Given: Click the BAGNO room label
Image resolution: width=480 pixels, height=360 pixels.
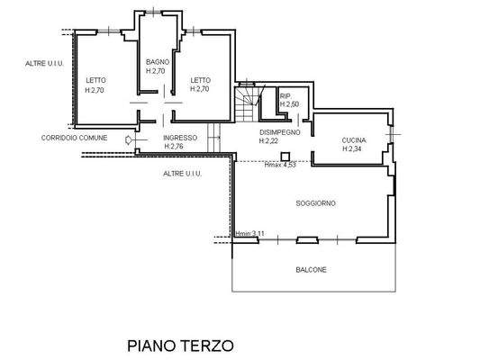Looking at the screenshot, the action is [x=158, y=62].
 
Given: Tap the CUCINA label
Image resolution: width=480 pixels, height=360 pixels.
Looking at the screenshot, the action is [x=354, y=140].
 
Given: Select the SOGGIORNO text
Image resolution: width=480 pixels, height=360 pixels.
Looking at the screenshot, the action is [x=315, y=203].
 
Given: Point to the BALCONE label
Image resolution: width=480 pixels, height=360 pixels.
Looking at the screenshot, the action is [x=311, y=270].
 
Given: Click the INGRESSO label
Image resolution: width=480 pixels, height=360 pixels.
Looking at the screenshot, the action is [x=180, y=138].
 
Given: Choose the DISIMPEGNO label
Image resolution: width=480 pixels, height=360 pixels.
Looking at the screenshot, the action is [x=280, y=132].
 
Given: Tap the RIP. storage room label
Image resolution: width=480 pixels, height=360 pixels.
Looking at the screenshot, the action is [x=285, y=96].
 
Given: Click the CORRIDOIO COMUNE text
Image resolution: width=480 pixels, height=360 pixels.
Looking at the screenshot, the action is [x=75, y=138].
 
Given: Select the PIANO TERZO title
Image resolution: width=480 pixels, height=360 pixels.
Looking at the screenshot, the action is [x=180, y=346].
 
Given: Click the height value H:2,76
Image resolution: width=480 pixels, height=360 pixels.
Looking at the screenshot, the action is [x=174, y=147].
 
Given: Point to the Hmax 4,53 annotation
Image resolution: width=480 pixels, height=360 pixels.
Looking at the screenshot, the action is [x=280, y=165].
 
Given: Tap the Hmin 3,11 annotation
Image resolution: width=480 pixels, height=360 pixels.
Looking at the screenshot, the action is [x=249, y=234].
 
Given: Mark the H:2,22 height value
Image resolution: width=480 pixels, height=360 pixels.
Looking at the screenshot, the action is [x=268, y=141].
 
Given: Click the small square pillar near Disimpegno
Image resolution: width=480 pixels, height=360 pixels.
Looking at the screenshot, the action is [x=285, y=157].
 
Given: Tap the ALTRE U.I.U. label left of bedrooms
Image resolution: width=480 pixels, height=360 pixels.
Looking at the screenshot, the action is [x=44, y=64].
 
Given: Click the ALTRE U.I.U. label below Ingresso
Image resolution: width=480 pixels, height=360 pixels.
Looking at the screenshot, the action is [x=183, y=174].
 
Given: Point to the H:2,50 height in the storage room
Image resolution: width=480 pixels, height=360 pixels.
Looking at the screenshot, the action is [x=289, y=104].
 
